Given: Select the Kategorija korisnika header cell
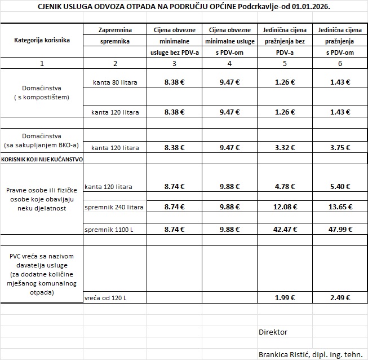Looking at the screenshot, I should [x=42, y=40].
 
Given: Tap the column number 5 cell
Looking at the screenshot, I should [x=285, y=63].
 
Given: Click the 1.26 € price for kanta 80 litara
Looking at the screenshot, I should [x=285, y=82].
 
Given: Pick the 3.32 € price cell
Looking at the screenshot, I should [x=285, y=148].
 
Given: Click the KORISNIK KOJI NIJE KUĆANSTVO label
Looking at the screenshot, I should [x=42, y=160].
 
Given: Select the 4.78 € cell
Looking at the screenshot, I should [x=285, y=186].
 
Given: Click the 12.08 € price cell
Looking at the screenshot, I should [x=285, y=207].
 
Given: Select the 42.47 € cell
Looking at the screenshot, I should [x=285, y=230].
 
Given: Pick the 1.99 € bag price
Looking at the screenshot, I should [x=285, y=297].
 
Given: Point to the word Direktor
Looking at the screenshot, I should [x=273, y=332].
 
